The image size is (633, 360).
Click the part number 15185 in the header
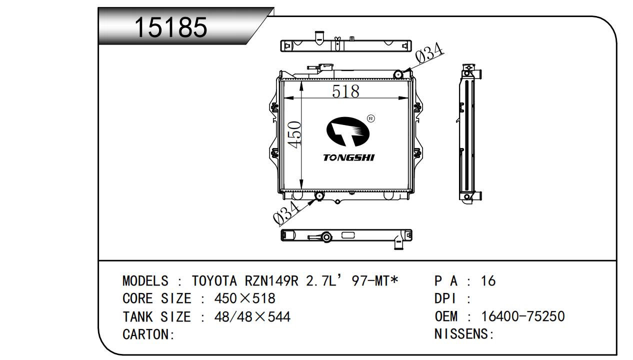[x=171, y=27]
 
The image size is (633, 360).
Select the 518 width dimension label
[x=345, y=91]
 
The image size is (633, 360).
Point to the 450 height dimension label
[x=294, y=134]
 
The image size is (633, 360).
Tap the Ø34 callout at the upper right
[x=429, y=52]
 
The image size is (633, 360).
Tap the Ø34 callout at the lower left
[x=286, y=212]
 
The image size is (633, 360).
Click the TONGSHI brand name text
[x=349, y=157]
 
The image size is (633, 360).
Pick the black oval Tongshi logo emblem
[x=348, y=131]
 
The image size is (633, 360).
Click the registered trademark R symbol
[x=371, y=118]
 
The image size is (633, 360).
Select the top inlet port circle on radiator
[x=398, y=74]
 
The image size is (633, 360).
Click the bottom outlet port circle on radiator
[x=319, y=196]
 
